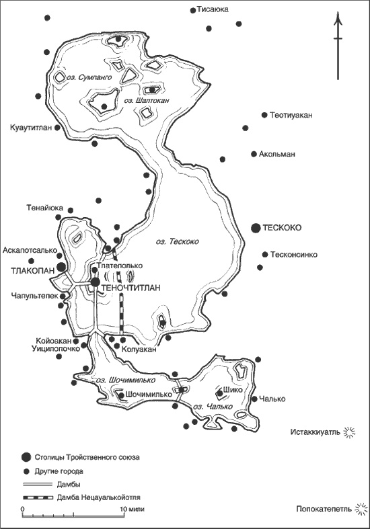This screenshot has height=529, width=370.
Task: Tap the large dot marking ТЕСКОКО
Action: tap(256, 229)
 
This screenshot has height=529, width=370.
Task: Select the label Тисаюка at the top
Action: tap(213, 10)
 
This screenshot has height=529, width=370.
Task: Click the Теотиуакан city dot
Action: tap(264, 115)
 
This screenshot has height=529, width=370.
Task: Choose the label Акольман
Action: tap(277, 154)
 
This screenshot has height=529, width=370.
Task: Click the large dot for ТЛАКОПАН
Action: tap(61, 268)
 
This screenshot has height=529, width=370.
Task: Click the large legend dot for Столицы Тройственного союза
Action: tap(27, 457)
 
